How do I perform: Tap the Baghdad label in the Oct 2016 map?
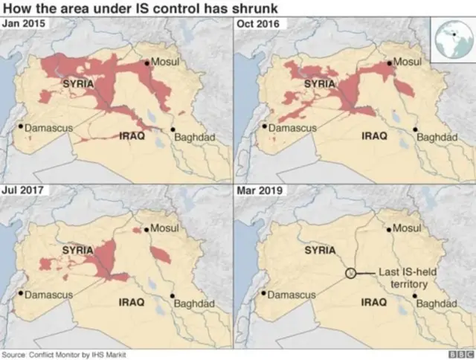click(435, 138)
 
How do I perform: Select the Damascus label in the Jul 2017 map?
click(49, 295)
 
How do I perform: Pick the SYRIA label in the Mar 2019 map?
click(322, 251)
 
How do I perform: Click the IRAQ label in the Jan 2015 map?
click(132, 136)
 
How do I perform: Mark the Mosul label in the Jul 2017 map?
click(166, 228)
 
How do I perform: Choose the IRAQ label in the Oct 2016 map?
click(373, 136)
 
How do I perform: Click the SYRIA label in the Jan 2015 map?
click(79, 84)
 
